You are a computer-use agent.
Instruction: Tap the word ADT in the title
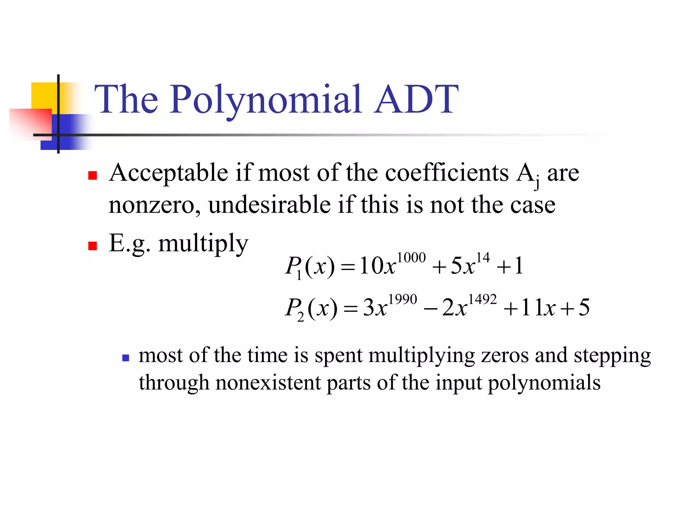click(x=416, y=100)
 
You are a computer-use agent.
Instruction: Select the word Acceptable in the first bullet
click(x=169, y=173)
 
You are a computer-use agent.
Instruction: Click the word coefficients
click(x=447, y=173)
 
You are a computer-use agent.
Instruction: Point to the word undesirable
click(x=269, y=205)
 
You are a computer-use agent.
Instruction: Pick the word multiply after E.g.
click(x=203, y=243)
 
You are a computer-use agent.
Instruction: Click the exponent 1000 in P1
click(x=411, y=258)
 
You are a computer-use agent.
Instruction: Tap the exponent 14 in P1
click(x=483, y=258)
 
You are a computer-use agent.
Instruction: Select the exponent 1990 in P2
click(x=403, y=299)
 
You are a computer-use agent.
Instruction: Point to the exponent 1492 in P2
click(x=482, y=299)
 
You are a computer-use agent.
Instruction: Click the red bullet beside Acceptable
click(x=93, y=175)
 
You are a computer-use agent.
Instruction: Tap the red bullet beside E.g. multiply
click(x=93, y=246)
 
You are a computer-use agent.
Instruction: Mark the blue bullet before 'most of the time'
click(x=126, y=358)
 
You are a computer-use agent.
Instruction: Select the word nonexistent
click(x=268, y=383)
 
